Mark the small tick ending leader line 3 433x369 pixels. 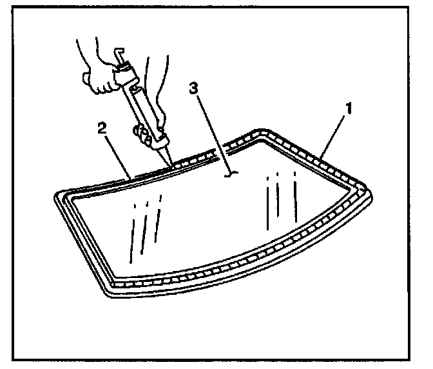tap(231, 174)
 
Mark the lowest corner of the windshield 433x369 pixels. tap(107, 293)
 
